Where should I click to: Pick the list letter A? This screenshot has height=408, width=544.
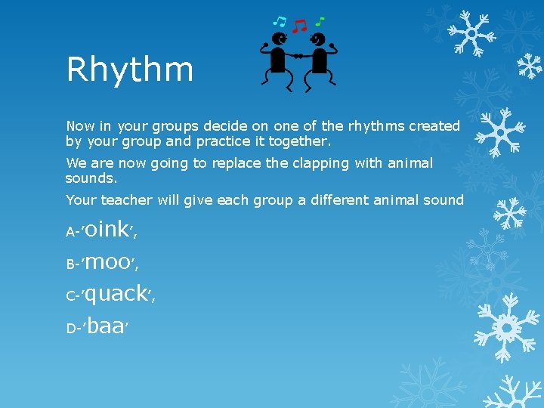point(70,233)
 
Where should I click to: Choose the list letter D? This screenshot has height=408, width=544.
point(71,329)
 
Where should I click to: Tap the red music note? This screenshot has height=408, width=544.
point(300,26)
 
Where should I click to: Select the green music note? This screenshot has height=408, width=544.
point(320,20)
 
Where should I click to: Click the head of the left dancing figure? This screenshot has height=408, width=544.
point(280,39)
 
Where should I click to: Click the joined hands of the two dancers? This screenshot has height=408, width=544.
point(298,56)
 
